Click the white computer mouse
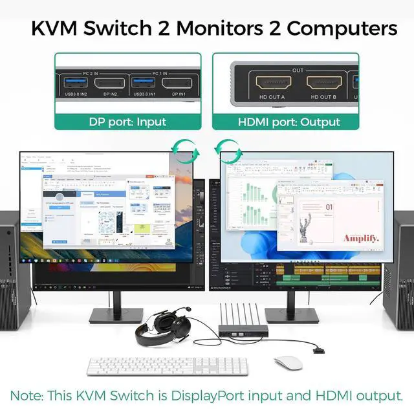pyautogui.click(x=288, y=363)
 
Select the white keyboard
pyautogui.click(x=168, y=366)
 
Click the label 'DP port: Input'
pyautogui.click(x=127, y=122)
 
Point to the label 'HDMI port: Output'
pyautogui.click(x=289, y=122)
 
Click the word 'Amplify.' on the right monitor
pyautogui.click(x=360, y=238)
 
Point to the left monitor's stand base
pyautogui.click(x=116, y=315)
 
